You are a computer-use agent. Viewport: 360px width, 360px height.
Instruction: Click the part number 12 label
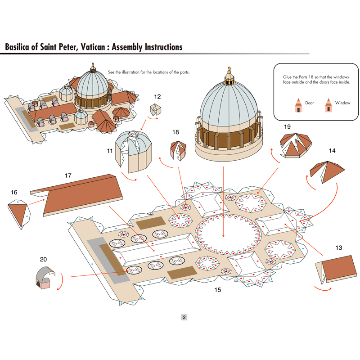click(157, 96)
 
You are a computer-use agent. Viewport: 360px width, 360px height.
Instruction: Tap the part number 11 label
click(110, 151)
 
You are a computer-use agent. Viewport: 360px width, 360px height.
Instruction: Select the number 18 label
click(175, 132)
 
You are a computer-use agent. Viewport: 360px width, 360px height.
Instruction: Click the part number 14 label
click(332, 151)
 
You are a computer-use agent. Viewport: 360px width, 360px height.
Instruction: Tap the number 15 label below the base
click(218, 290)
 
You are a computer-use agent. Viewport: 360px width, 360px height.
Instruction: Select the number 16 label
click(14, 192)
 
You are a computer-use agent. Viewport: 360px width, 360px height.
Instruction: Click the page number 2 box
click(184, 317)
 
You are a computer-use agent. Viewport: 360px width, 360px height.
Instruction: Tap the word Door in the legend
click(310, 103)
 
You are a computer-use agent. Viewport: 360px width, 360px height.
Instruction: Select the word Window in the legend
click(342, 103)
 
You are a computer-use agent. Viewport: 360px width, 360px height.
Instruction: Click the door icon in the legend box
click(298, 105)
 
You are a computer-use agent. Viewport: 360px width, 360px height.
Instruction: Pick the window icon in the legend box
click(328, 105)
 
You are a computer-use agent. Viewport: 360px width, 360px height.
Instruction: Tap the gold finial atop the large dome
click(229, 72)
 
